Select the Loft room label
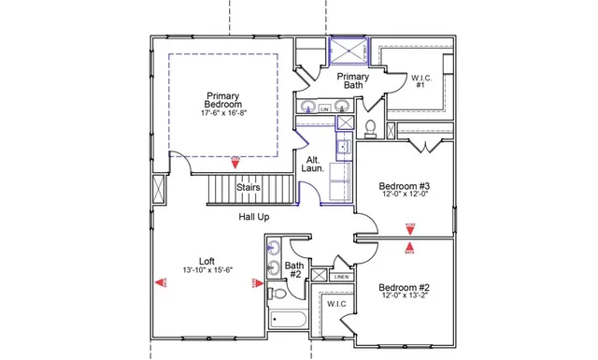pyautogui.click(x=206, y=261)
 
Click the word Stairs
pyautogui.click(x=248, y=187)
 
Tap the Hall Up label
pyautogui.click(x=254, y=216)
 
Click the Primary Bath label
pyautogui.click(x=352, y=80)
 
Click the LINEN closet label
pyautogui.click(x=342, y=277)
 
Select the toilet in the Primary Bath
pyautogui.click(x=370, y=125)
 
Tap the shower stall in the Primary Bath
pyautogui.click(x=348, y=51)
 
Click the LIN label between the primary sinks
pyautogui.click(x=324, y=109)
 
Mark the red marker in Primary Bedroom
pyautogui.click(x=235, y=160)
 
